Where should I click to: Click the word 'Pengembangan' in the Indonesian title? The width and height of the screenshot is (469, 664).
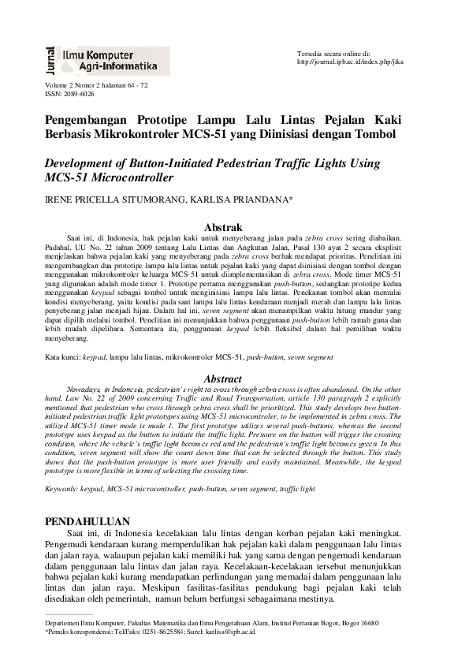pos(87,120)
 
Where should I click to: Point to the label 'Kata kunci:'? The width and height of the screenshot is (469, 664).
pos(62,357)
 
